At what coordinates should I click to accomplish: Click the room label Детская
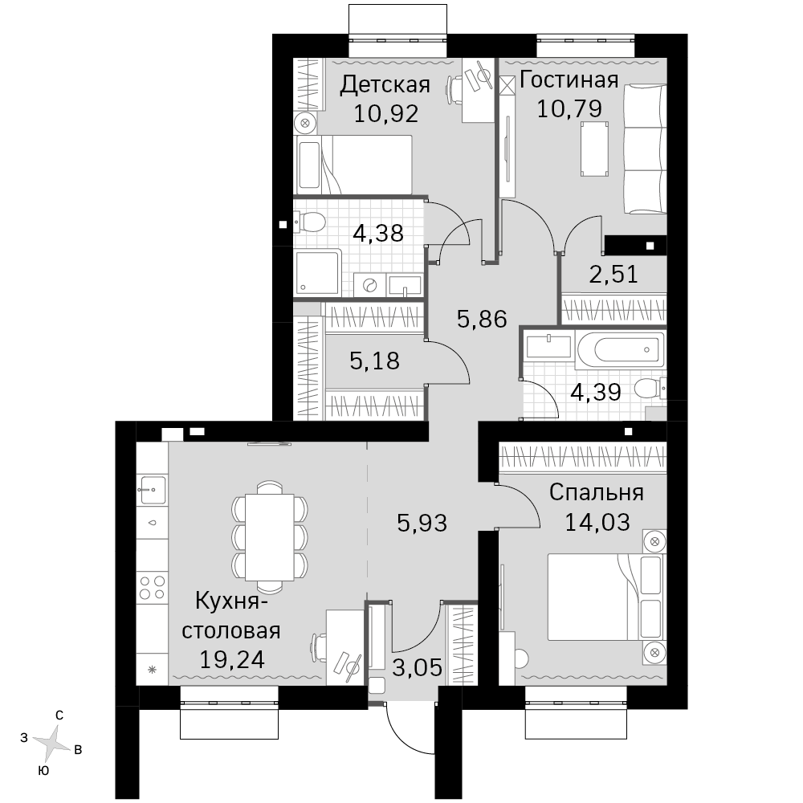385,85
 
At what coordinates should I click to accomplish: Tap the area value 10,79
569,108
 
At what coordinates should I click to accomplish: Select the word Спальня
596,493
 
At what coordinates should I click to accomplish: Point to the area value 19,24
231,659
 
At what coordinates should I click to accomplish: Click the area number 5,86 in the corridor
481,319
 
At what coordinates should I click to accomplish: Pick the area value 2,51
613,275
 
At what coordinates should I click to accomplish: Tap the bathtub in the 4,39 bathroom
620,350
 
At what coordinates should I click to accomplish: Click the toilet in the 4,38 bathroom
310,222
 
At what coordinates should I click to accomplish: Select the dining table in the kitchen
269,537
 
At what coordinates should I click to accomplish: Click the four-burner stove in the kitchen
152,588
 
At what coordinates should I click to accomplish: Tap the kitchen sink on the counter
152,490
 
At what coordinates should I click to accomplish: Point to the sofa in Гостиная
645,149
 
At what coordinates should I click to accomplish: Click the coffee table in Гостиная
594,149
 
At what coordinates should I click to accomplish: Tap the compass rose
51,741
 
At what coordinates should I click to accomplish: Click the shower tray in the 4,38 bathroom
317,272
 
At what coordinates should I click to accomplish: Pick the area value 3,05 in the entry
417,668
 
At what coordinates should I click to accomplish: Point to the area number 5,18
374,361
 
